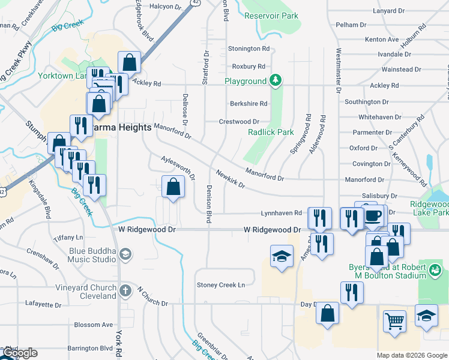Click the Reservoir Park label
271,15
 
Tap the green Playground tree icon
276,80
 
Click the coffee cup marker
373,216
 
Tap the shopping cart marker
395,321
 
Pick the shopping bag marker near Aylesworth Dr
173,187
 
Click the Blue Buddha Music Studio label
88,255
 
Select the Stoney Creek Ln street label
221,284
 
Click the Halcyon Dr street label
164,7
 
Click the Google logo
19,353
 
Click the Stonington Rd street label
249,49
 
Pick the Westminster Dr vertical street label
339,71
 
